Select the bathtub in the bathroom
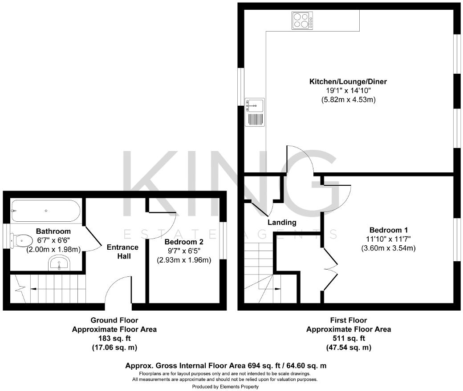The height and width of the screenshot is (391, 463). (46, 211)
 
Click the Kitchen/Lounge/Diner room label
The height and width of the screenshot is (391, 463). (348, 82)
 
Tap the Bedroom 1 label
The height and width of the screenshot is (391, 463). (388, 230)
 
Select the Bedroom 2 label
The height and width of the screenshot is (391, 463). (183, 242)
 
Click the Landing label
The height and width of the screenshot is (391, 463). (282, 222)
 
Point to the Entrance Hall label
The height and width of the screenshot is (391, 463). (122, 251)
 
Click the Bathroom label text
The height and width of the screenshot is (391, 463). (53, 231)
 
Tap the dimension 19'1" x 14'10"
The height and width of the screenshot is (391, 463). (348, 91)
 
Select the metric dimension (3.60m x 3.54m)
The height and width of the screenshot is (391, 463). (388, 248)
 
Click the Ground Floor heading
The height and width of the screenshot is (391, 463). (114, 320)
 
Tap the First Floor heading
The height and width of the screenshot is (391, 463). (349, 320)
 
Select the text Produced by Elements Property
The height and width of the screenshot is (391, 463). (225, 387)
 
